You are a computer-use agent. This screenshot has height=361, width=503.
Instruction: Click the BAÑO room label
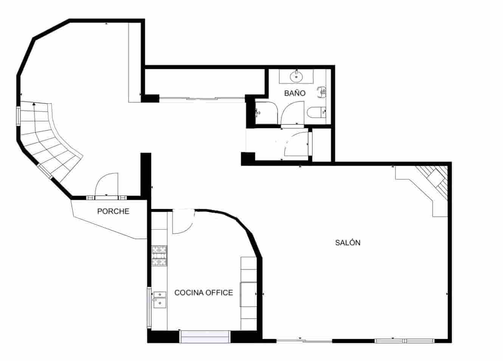click(x=295, y=93)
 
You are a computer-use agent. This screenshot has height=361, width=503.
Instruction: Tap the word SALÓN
click(x=348, y=243)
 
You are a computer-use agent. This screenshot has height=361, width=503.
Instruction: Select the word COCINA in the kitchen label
click(x=189, y=293)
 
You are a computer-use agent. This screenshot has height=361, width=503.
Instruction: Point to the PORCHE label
click(x=113, y=211)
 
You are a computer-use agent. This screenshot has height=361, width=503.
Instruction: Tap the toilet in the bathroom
click(x=316, y=112)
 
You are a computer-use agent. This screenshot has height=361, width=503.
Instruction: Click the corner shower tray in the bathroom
click(x=266, y=112)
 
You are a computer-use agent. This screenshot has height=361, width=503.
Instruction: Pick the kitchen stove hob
click(x=159, y=255)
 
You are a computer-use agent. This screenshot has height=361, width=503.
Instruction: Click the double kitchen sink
click(x=159, y=298)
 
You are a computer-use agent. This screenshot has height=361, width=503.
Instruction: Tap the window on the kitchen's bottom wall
click(x=205, y=337)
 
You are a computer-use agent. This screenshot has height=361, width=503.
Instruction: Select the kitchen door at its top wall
click(x=183, y=221)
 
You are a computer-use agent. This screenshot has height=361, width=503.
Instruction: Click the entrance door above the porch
click(x=107, y=185)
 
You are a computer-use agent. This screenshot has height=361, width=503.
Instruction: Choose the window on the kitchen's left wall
click(x=149, y=308)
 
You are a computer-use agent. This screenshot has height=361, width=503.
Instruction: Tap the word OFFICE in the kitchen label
click(x=219, y=293)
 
